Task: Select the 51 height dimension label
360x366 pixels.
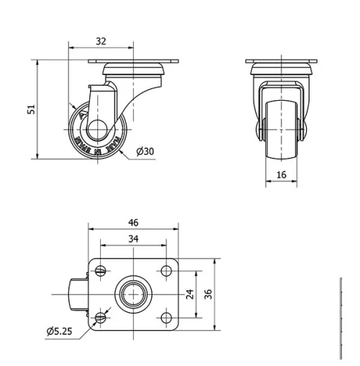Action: (31, 110)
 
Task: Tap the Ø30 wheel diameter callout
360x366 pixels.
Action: (145, 151)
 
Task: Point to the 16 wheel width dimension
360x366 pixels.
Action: (281, 174)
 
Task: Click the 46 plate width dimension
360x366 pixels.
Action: (132, 222)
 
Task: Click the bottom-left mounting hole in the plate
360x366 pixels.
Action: (100, 317)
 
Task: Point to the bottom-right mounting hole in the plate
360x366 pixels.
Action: (166, 317)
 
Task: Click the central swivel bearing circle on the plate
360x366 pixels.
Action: (133, 295)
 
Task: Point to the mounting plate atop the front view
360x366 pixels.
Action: (281, 62)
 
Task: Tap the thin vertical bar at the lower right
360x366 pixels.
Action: (340, 317)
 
